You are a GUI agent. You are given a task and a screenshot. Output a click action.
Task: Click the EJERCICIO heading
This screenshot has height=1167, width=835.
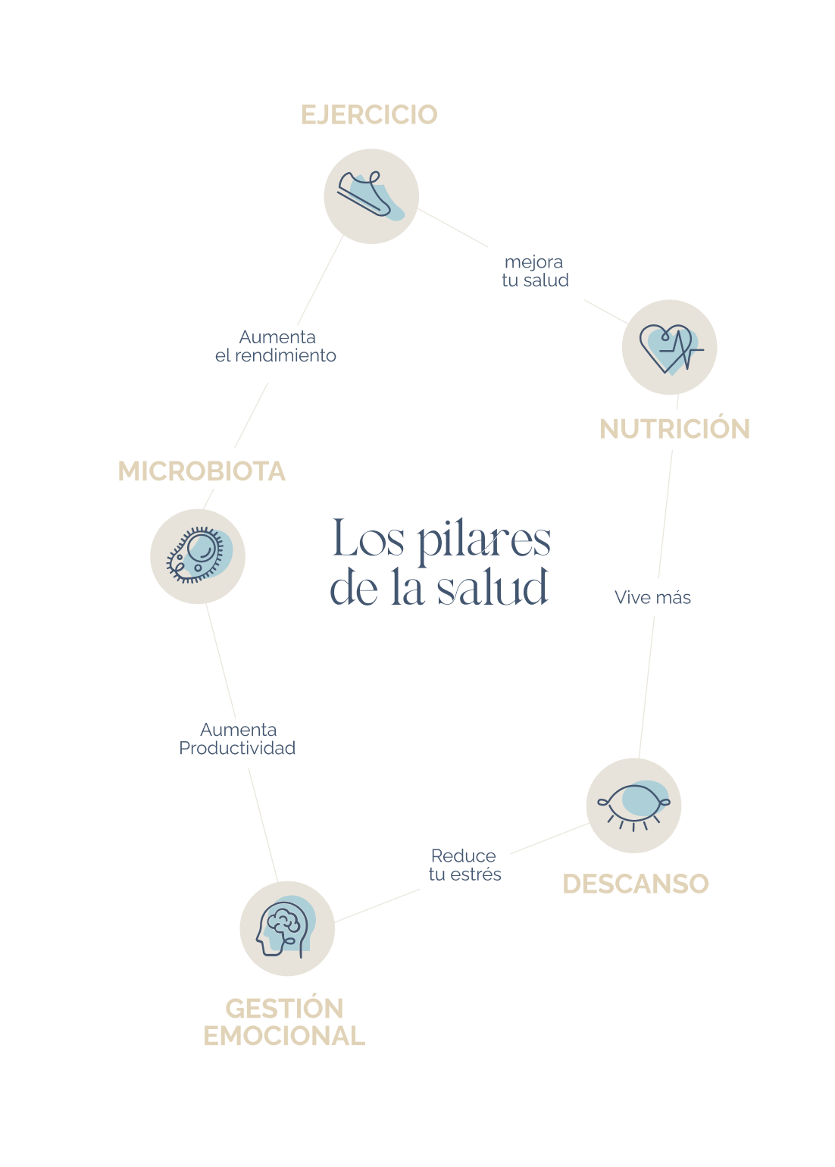click(x=369, y=114)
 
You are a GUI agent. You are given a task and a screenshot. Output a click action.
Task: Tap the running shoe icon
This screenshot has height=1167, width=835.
click(x=371, y=196)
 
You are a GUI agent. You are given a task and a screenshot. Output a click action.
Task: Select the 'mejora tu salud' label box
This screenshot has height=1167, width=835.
click(x=536, y=271)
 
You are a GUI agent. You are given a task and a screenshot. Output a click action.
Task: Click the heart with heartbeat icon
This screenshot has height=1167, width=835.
click(x=669, y=347)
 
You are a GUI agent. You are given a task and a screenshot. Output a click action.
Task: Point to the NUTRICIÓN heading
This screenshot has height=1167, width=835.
click(x=674, y=429)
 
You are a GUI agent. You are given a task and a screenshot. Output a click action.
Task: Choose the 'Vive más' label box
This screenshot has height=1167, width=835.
click(x=668, y=597)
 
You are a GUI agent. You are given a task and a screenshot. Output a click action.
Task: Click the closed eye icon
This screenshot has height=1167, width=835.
click(x=633, y=806)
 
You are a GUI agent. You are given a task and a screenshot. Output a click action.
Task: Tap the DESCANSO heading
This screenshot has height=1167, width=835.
click(x=635, y=884)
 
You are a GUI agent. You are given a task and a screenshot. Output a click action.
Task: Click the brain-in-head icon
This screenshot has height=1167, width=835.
click(x=287, y=928)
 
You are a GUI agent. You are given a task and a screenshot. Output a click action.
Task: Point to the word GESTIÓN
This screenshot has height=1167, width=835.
click(x=284, y=1009)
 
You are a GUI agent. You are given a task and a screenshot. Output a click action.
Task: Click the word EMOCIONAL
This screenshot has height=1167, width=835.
click(x=284, y=1036)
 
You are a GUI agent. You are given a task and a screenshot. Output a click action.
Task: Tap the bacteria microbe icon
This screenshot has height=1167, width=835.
click(x=198, y=556)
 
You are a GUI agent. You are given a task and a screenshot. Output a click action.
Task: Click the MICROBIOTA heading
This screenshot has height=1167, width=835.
click(x=202, y=471)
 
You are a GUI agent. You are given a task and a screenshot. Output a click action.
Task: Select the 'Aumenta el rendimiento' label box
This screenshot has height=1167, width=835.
click(x=286, y=353)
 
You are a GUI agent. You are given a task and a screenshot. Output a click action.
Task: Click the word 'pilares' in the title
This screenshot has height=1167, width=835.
click(x=483, y=541)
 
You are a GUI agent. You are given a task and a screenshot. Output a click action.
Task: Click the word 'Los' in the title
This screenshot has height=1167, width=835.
click(x=368, y=540)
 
